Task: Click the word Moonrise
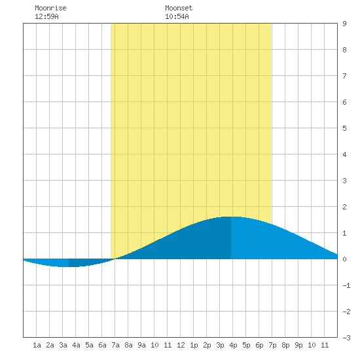coord(50,8)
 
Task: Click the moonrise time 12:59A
coord(46,16)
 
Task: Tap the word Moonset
coord(179,8)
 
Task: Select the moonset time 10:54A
coord(177,16)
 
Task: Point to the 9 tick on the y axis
coord(344,24)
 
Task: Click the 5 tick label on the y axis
coord(344,128)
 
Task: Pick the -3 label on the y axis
coord(346,338)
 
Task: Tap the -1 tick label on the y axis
coord(346,285)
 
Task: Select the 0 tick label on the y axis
coord(344,259)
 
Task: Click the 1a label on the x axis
coord(37,345)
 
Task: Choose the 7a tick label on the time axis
coord(115,345)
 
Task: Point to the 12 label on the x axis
coord(181,345)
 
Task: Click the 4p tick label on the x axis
coord(233,345)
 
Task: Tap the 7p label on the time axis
coord(272,345)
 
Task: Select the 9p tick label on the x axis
coord(298,345)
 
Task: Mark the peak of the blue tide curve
coord(231,217)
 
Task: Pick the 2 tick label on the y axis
coord(344,207)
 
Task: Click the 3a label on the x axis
coord(63,345)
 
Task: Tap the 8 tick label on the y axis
coord(344,50)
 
